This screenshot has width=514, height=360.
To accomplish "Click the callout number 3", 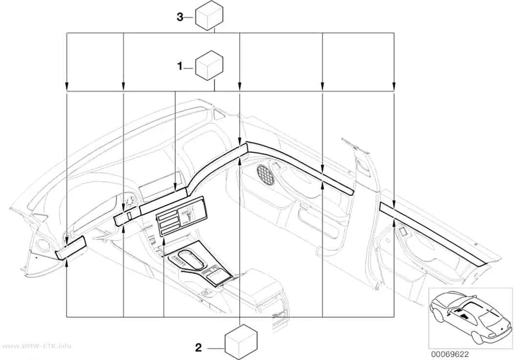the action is pyautogui.click(x=180, y=17).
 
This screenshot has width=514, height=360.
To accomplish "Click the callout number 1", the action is pyautogui.click(x=180, y=67).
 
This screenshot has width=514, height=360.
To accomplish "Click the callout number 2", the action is pyautogui.click(x=199, y=348).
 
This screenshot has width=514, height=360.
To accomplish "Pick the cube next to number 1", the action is pyautogui.click(x=210, y=65).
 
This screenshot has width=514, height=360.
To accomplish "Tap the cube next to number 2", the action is pyautogui.click(x=241, y=342).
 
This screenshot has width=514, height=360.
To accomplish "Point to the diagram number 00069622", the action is pyautogui.click(x=450, y=354).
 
